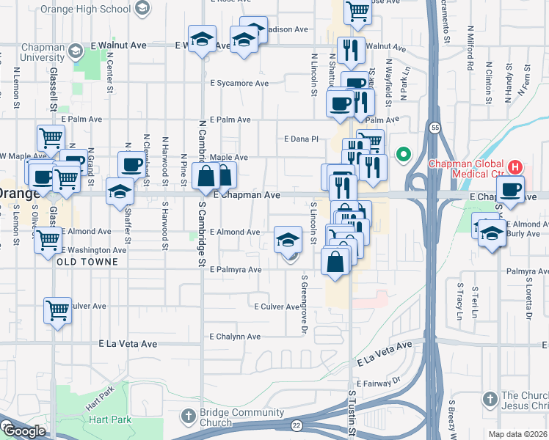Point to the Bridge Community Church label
click(x=233, y=417)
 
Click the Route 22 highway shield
click(x=297, y=425)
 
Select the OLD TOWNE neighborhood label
click(x=87, y=262)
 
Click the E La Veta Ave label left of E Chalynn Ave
click(x=128, y=343)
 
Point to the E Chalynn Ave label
click(x=235, y=337)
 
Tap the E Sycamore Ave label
click(x=239, y=84)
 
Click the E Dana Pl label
click(x=302, y=138)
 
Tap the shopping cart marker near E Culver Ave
click(x=57, y=310)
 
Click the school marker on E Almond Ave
click(x=288, y=239)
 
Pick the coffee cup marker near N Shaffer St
click(x=132, y=164)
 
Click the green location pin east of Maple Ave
click(x=402, y=154)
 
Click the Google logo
click(x=23, y=431)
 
